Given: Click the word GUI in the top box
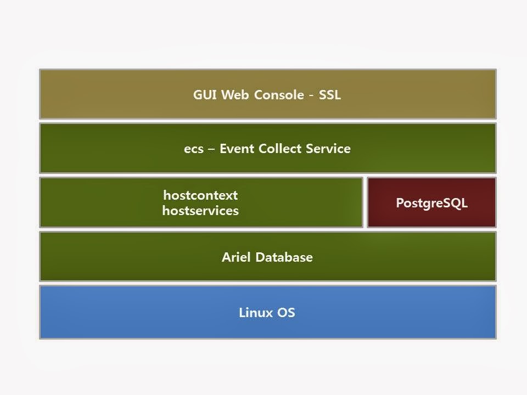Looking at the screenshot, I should [x=204, y=94].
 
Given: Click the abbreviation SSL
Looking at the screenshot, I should [x=329, y=94].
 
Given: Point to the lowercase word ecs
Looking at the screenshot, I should [x=193, y=149].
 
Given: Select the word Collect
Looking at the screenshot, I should [x=277, y=149].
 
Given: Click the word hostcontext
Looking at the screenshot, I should [x=200, y=195].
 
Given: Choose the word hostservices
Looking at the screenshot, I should [x=200, y=211].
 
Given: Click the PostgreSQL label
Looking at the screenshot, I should [x=431, y=203].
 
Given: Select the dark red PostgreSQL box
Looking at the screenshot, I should [x=431, y=217].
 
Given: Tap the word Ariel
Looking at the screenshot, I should [x=235, y=257].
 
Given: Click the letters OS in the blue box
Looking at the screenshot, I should [x=287, y=313].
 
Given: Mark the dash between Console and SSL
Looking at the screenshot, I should [x=311, y=95].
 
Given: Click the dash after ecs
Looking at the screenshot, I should [x=211, y=149].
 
